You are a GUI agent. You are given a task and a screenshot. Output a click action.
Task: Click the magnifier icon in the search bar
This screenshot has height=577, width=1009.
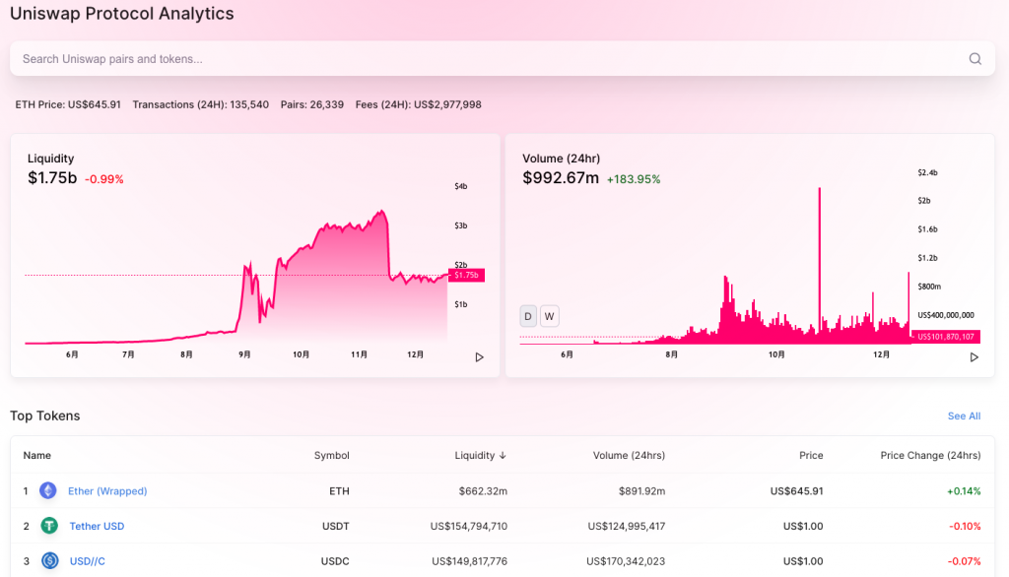pyautogui.click(x=975, y=58)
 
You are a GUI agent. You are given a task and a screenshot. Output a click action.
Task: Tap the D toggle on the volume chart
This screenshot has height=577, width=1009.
pyautogui.click(x=528, y=316)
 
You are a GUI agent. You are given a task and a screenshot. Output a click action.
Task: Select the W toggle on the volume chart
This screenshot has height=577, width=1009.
pyautogui.click(x=549, y=316)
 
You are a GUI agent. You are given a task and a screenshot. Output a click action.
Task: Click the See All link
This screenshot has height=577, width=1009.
pyautogui.click(x=964, y=417)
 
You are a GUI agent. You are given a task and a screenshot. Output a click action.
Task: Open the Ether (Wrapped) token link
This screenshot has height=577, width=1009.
pyautogui.click(x=107, y=490)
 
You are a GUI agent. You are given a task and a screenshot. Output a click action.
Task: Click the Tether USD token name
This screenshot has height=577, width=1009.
pyautogui.click(x=97, y=526)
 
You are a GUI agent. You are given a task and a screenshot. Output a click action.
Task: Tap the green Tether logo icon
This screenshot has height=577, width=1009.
pyautogui.click(x=49, y=526)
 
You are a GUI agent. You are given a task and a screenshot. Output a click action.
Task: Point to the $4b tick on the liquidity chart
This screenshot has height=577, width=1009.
pyautogui.click(x=461, y=186)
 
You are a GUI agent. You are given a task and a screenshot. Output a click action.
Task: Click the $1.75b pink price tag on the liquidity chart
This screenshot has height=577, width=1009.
pyautogui.click(x=466, y=276)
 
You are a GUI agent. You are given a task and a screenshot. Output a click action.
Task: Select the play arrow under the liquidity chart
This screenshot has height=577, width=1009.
pyautogui.click(x=480, y=357)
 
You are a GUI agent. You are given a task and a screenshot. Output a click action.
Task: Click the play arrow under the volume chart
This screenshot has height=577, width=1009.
pyautogui.click(x=975, y=357)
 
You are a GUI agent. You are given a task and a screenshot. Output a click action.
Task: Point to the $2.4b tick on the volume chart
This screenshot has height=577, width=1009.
pyautogui.click(x=927, y=172)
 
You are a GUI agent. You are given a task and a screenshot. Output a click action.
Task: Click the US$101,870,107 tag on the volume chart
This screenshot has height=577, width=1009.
pyautogui.click(x=945, y=337)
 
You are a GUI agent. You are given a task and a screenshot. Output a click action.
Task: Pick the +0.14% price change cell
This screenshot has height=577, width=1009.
pyautogui.click(x=964, y=490)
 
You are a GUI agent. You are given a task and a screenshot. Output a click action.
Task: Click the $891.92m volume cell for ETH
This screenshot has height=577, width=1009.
pyautogui.click(x=641, y=490)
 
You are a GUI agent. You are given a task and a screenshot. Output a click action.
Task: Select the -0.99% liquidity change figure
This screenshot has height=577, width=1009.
pyautogui.click(x=104, y=179)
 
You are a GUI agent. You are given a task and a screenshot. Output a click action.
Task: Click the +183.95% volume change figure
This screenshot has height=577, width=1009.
pyautogui.click(x=634, y=179)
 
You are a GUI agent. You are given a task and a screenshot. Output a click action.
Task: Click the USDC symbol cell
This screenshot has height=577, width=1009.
pyautogui.click(x=335, y=561)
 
